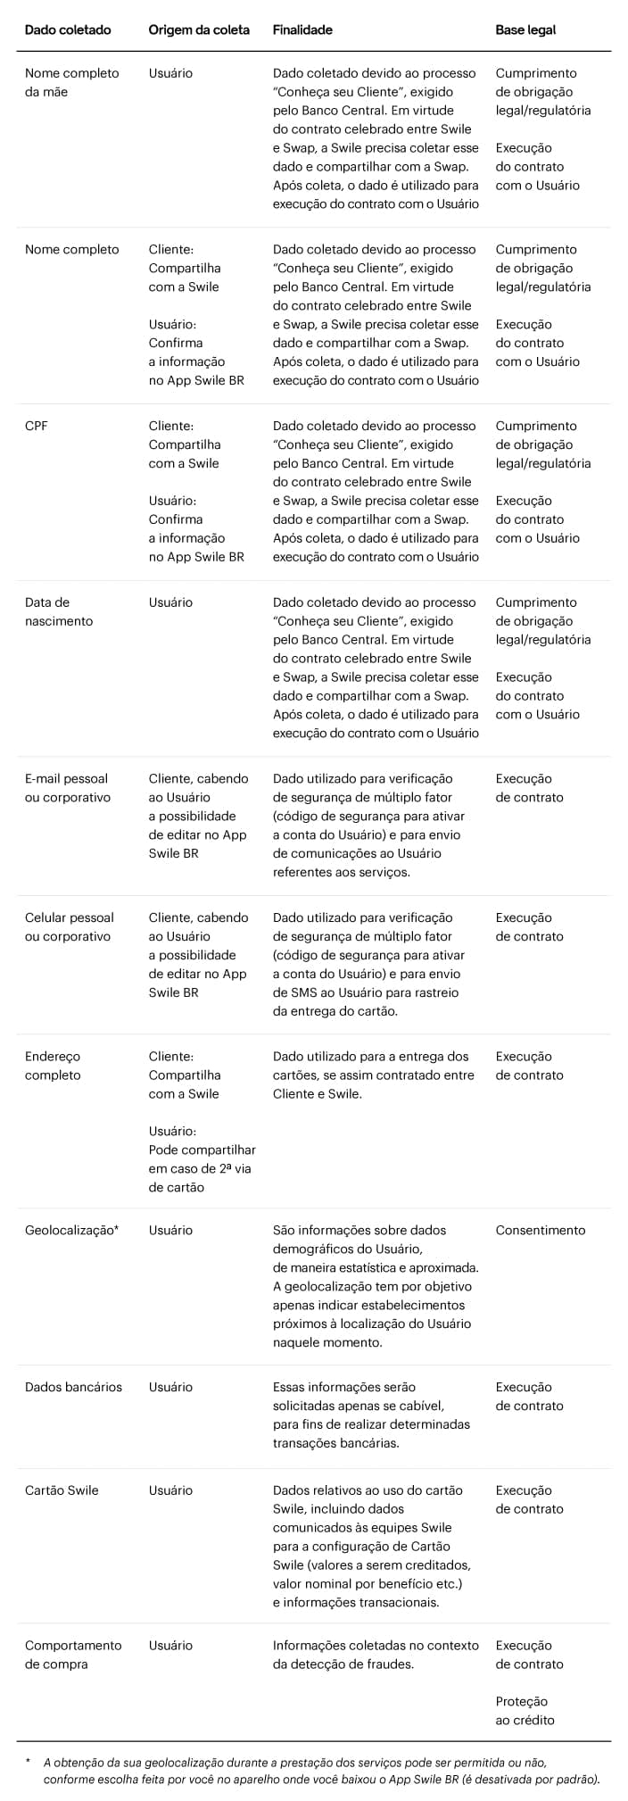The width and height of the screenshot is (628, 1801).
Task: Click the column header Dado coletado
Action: pos(68,29)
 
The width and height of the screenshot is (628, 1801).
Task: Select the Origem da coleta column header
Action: pos(199,29)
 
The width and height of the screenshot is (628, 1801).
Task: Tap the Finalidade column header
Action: pos(302,29)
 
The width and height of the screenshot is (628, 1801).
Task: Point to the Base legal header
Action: pos(525,29)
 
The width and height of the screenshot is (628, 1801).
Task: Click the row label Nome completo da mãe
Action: pos(71,82)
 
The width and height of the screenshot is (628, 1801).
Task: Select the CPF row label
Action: pos(37,426)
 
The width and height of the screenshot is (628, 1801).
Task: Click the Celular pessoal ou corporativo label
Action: pos(69,926)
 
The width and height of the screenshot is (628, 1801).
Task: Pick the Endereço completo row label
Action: pos(53,1066)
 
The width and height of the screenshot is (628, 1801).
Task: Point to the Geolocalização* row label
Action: pos(71,1230)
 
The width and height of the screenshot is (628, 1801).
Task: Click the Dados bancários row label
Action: pos(73,1387)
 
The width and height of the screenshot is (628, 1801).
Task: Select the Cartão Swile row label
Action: pos(62,1490)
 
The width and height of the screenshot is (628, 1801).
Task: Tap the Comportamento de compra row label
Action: pos(72,1655)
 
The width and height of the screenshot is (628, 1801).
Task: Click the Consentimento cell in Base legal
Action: pos(540,1230)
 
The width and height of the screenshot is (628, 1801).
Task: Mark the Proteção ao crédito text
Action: pos(525,1711)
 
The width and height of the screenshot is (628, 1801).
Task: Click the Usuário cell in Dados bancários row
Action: pos(170,1387)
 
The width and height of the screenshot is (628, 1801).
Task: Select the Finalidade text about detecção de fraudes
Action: pos(375,1655)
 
